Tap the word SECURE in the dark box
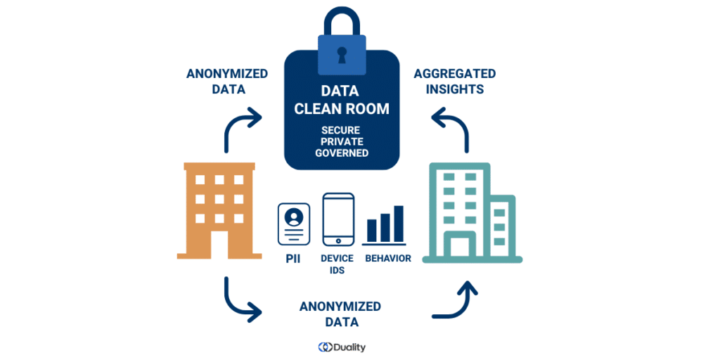point(342,130)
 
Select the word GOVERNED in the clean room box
point(342,153)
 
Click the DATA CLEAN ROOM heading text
point(342,100)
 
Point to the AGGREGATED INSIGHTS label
point(454,82)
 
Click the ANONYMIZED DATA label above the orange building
point(226,82)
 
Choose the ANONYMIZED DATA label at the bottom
point(340,314)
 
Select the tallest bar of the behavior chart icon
point(399,223)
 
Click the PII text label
point(292,258)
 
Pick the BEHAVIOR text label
point(388,258)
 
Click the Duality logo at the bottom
point(342,347)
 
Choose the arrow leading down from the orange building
point(239,299)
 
